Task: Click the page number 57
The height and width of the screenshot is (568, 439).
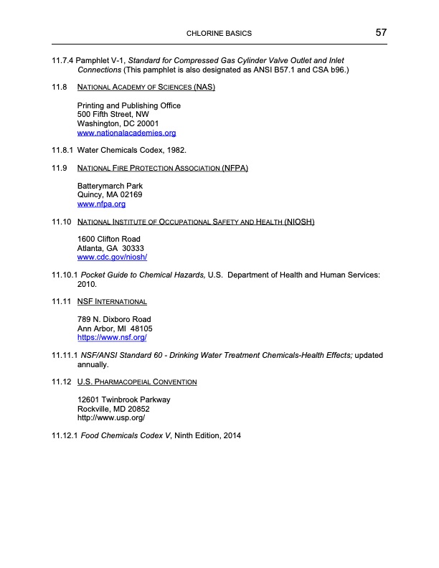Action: pyautogui.click(x=380, y=33)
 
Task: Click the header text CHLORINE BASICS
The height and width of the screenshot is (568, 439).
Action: pyautogui.click(x=219, y=34)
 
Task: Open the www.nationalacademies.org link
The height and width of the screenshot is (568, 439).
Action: pyautogui.click(x=126, y=133)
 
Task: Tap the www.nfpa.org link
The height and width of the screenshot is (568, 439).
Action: pyautogui.click(x=101, y=204)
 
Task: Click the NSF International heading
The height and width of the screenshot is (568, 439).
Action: pyautogui.click(x=111, y=301)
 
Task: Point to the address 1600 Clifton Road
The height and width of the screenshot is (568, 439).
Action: pyautogui.click(x=108, y=239)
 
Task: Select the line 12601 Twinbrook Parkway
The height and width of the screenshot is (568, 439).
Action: pyautogui.click(x=123, y=399)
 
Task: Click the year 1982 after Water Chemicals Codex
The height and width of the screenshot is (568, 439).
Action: pyautogui.click(x=176, y=151)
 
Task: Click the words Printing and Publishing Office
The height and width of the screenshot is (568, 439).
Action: pyautogui.click(x=128, y=105)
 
